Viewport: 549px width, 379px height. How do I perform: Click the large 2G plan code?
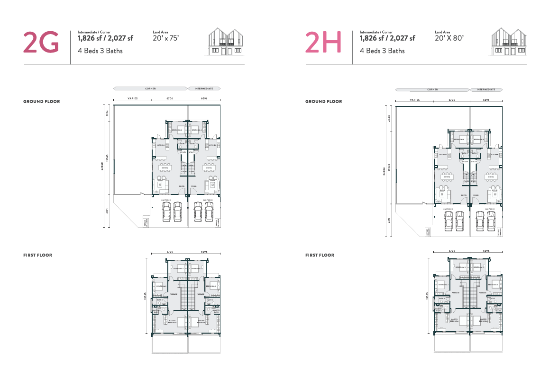(41, 42)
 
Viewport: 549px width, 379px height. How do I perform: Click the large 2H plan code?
(323, 42)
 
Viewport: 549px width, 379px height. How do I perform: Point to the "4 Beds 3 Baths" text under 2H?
(382, 51)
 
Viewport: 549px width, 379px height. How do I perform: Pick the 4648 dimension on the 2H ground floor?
(390, 118)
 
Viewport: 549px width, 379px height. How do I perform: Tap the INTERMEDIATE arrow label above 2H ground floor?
(486, 89)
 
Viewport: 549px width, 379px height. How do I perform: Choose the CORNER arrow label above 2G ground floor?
(151, 88)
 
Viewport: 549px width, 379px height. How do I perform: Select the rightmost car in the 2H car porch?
(491, 220)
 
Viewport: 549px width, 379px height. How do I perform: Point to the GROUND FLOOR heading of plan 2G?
(42, 101)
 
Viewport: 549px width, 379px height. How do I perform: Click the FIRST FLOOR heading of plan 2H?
(320, 255)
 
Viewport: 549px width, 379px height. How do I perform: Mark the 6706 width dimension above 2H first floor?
(452, 251)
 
